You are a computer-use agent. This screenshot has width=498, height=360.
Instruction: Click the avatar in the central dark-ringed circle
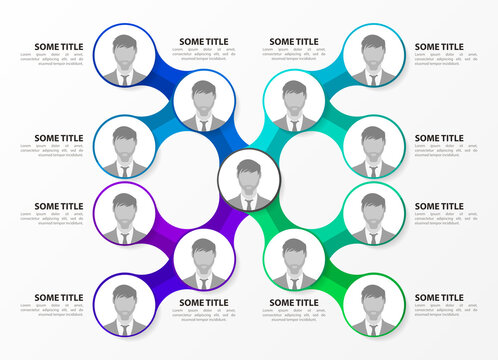[248, 180]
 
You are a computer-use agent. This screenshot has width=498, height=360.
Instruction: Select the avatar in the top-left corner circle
[124, 57]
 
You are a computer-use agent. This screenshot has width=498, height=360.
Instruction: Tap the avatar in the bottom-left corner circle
[124, 305]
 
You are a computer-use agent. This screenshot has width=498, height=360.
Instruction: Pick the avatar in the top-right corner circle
[373, 57]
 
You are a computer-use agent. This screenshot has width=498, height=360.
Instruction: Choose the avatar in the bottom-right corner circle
[373, 305]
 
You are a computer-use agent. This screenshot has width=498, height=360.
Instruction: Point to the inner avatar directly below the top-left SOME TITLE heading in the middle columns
[204, 103]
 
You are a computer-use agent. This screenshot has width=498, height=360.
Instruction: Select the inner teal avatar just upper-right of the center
[294, 103]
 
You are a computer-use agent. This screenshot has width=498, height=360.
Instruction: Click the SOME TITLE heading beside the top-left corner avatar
[59, 47]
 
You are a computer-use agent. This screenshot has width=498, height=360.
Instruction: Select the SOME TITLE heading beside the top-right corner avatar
[439, 47]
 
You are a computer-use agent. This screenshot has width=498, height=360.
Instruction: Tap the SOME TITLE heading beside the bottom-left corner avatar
[59, 297]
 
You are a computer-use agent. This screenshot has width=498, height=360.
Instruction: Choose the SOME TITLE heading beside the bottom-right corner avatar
[439, 297]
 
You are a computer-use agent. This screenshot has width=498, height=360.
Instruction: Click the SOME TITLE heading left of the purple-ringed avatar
[59, 206]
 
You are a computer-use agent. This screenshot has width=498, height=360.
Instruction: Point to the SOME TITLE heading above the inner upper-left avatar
[203, 42]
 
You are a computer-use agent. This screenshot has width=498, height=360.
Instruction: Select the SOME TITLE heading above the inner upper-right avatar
[294, 42]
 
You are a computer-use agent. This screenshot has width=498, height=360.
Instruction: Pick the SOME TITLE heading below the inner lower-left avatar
[203, 302]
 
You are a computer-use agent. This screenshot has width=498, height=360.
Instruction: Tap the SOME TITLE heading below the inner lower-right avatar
[294, 302]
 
